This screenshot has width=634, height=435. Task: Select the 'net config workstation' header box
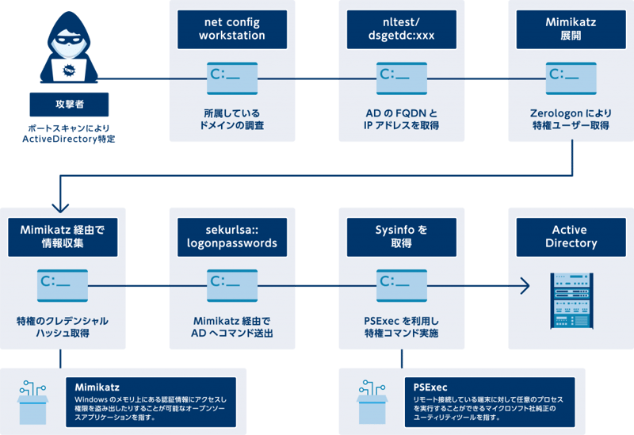click(232, 29)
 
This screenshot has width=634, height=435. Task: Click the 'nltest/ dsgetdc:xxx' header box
click(401, 29)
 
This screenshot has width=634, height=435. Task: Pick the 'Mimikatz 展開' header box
click(571, 29)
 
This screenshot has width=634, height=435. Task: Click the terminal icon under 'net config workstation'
click(232, 77)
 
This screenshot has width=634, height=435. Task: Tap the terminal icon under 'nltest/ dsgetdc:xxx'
click(401, 77)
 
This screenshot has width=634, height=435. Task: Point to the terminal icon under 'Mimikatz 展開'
click(571, 77)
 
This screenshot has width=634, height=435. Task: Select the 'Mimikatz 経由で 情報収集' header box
click(63, 237)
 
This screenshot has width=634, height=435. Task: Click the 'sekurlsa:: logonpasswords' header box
click(232, 237)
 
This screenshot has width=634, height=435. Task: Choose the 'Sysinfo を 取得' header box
click(401, 237)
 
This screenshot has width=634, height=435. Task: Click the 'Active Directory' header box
click(571, 237)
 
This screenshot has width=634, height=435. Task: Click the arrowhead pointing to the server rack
click(524, 284)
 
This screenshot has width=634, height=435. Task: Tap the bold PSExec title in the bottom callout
click(431, 386)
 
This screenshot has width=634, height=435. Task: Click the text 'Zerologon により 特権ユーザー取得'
click(571, 119)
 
